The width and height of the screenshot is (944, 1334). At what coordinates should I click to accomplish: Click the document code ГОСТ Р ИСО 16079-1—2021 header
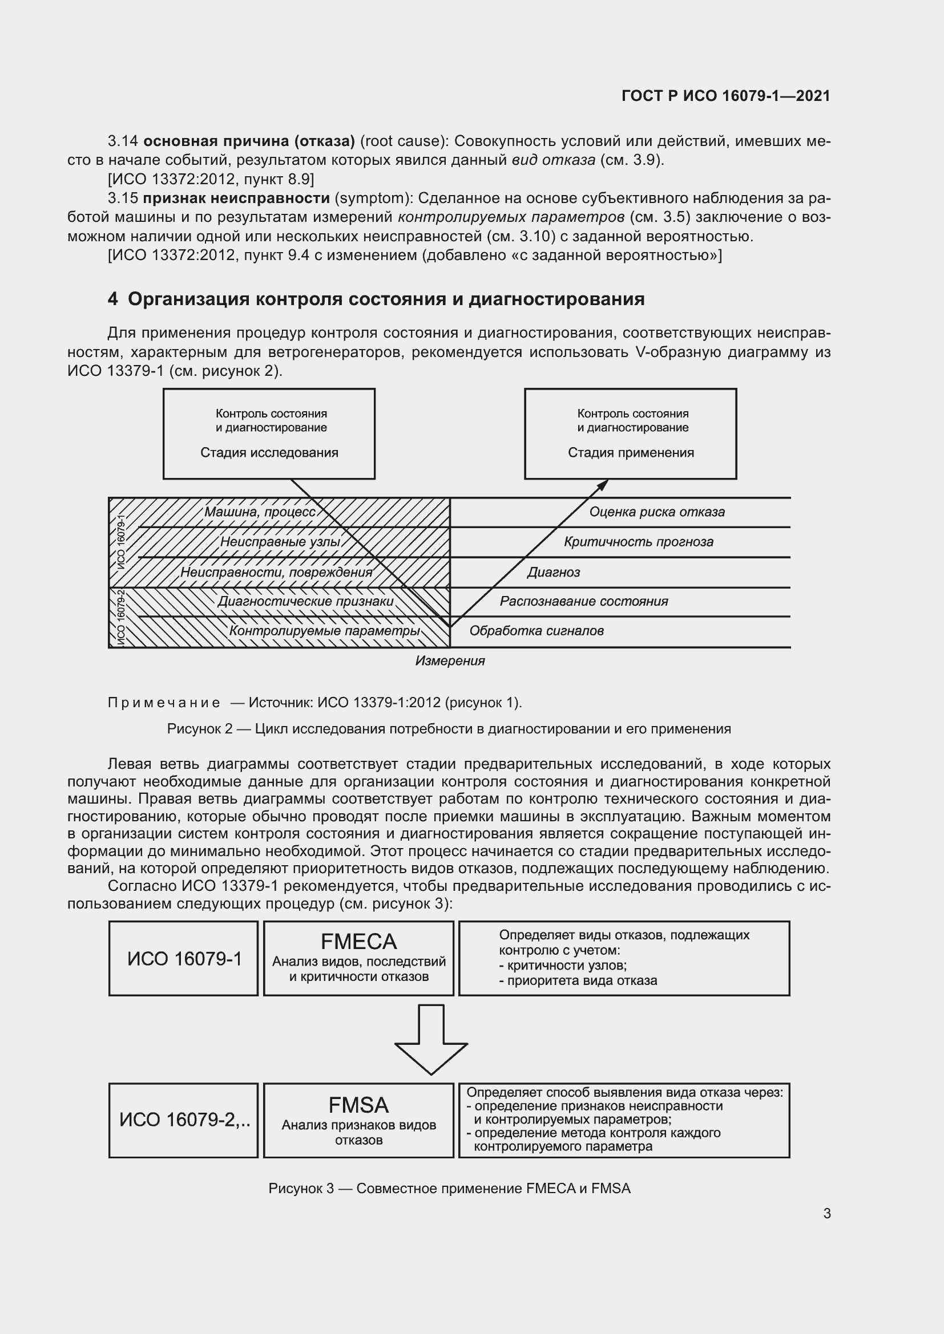coord(725,96)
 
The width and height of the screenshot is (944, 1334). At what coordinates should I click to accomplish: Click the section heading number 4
coord(113,299)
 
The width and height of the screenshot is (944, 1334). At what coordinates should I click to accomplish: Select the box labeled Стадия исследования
coord(269,433)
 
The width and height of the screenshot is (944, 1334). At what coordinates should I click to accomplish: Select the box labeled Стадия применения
coord(630,433)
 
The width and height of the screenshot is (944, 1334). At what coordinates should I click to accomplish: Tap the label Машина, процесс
coord(260,512)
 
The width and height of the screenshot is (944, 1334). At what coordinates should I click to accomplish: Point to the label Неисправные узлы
coord(280,541)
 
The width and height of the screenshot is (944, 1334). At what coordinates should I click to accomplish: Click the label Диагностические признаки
coord(306,601)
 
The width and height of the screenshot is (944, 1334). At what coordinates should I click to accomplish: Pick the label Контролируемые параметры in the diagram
coord(324,631)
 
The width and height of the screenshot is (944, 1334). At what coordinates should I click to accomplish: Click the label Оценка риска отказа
coord(657,512)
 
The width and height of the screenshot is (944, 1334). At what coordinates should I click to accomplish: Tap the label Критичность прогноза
coord(638,541)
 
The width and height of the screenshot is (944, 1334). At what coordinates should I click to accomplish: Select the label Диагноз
coord(554,572)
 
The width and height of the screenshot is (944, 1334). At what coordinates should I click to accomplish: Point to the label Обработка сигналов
coord(536,631)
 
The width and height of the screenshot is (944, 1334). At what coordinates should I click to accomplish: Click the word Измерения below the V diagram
coord(450,660)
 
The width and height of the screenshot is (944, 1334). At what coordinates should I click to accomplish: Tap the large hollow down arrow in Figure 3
coord(431,1039)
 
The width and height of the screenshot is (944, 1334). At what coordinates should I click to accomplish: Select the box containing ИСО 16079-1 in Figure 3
coord(184,958)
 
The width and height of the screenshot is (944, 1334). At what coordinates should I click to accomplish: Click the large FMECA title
coord(358,940)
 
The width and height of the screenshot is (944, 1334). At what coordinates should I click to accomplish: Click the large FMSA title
coord(358,1105)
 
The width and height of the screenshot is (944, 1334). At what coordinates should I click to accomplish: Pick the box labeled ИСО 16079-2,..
coord(184,1120)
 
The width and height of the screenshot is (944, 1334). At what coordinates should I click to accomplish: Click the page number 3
coord(826,1214)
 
